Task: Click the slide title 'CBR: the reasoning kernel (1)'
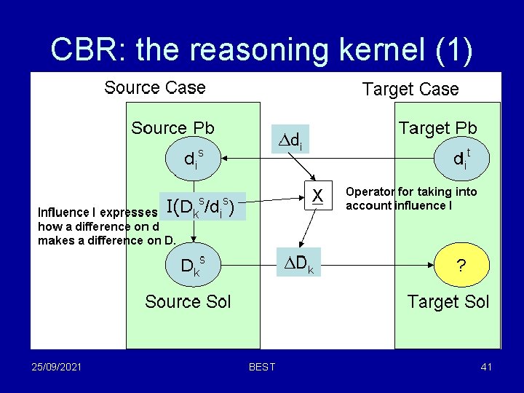[262, 49]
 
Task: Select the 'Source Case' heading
[154, 88]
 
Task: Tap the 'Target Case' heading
[410, 90]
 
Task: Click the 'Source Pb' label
[172, 129]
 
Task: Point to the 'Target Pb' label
[437, 129]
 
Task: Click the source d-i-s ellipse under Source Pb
[194, 158]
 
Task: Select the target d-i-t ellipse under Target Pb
[461, 158]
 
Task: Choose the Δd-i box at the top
[291, 140]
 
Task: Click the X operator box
[317, 195]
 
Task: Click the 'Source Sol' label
[188, 301]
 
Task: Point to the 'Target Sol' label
[448, 301]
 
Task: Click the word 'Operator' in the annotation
[369, 192]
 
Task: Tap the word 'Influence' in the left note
[61, 213]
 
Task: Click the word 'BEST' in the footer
[262, 367]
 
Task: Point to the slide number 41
[486, 367]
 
